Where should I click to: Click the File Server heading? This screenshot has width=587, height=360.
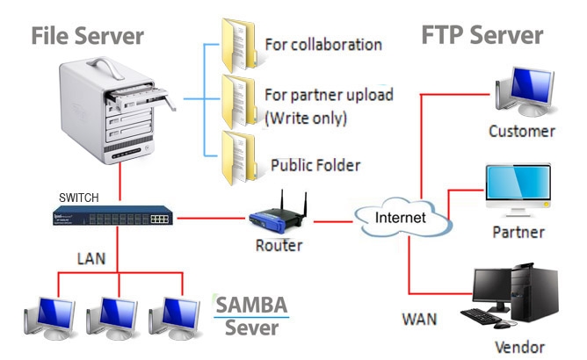pos(87,36)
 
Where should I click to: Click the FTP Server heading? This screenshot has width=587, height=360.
pos(482,35)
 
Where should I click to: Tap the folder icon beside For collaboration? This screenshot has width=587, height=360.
pos(240,45)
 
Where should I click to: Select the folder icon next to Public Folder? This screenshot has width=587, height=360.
pos(240,158)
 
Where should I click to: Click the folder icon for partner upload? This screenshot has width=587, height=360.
pos(240,102)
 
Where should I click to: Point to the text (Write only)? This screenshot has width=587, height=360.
pos(306,119)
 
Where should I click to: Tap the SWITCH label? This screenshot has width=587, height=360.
pos(79,198)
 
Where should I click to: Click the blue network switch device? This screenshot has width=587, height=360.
pos(113,215)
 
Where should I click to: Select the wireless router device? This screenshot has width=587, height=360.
pos(279,214)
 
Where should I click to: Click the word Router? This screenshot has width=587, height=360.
pos(279,246)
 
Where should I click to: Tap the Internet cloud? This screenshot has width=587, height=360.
pos(403,218)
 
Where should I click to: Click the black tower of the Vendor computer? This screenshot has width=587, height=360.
pos(534,292)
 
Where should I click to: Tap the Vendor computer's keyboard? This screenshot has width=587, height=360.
pos(481,315)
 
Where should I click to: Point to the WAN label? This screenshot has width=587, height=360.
pos(420,320)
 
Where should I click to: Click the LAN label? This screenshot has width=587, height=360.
pos(91,259)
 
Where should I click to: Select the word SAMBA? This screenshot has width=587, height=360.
pos(251,305)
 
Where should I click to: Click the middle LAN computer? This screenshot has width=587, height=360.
pos(112,318)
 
